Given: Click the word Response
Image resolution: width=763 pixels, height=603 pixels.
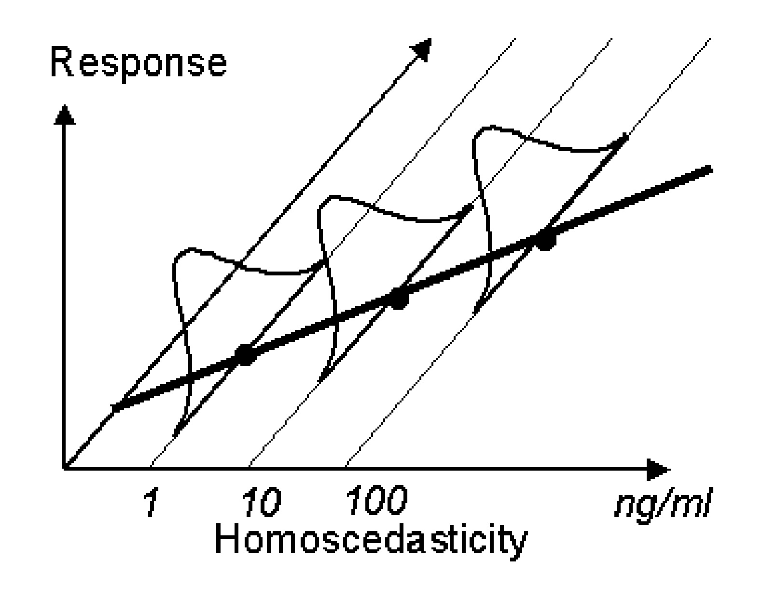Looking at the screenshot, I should [138, 65].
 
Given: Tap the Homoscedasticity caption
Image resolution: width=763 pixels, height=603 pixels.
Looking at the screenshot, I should [370, 541].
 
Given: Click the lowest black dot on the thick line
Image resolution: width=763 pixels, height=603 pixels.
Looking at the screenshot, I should [245, 355].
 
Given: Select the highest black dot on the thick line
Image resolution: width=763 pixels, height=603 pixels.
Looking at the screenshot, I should [545, 240].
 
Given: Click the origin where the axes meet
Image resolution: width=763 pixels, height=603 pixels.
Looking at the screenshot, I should [64, 468].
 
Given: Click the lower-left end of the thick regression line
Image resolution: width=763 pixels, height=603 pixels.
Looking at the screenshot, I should [114, 409].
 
